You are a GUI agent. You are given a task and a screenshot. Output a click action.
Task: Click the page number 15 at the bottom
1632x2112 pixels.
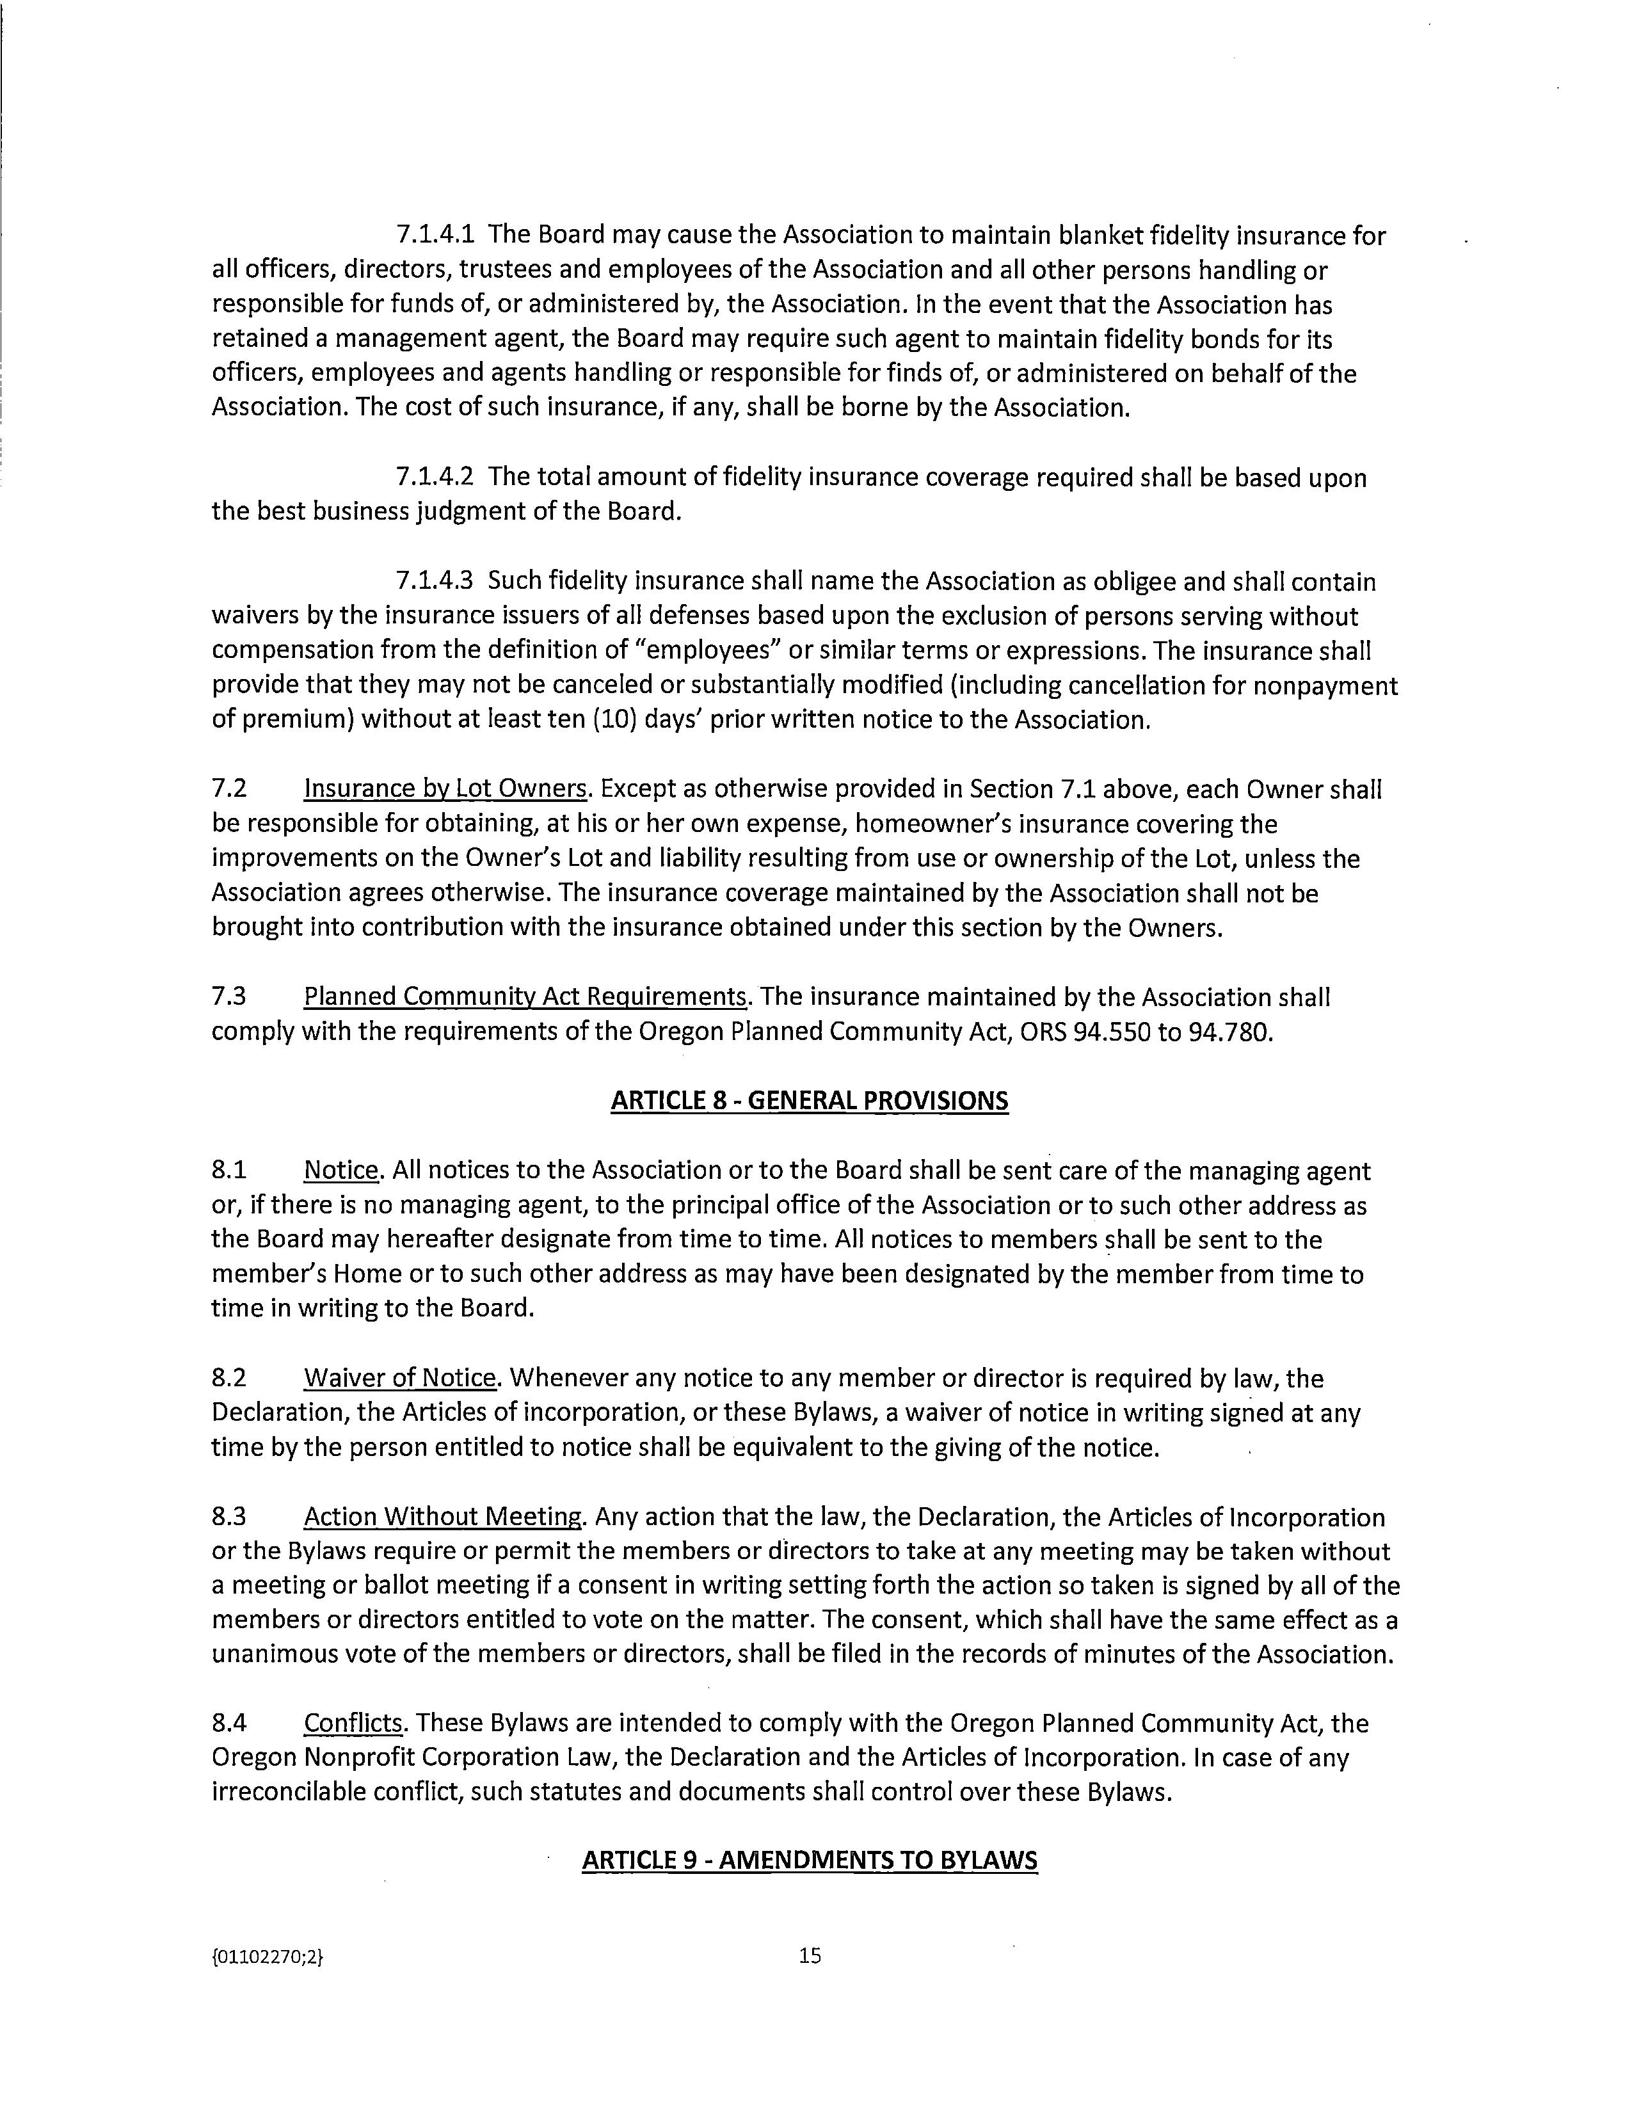pyautogui.click(x=810, y=1955)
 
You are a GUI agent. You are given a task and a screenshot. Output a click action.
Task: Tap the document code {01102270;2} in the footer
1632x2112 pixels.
pyautogui.click(x=268, y=1956)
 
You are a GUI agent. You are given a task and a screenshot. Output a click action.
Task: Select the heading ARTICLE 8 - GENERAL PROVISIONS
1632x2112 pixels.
pyautogui.click(x=809, y=1101)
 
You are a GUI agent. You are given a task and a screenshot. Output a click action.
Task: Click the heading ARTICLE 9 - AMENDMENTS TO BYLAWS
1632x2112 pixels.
pyautogui.click(x=809, y=1860)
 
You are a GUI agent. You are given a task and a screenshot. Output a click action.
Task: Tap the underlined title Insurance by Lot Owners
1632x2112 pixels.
pyautogui.click(x=445, y=789)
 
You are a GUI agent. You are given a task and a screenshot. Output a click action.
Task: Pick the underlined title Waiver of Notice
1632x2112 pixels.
pyautogui.click(x=400, y=1378)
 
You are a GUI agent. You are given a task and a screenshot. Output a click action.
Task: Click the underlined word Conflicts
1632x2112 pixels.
pyautogui.click(x=353, y=1724)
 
